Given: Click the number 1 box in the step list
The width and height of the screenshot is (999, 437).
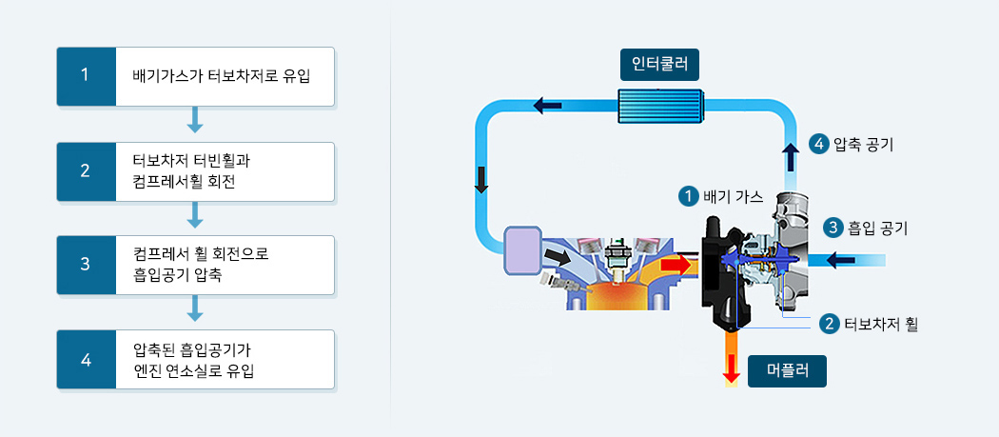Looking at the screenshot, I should pyautogui.click(x=85, y=76).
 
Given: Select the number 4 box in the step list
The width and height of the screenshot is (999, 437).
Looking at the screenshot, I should pyautogui.click(x=85, y=360).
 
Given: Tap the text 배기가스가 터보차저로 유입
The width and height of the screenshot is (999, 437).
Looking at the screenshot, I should pyautogui.click(x=221, y=76).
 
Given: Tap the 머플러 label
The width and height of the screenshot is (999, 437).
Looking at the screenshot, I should pyautogui.click(x=787, y=370).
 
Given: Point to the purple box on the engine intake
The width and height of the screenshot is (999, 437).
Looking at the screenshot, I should pyautogui.click(x=521, y=249).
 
